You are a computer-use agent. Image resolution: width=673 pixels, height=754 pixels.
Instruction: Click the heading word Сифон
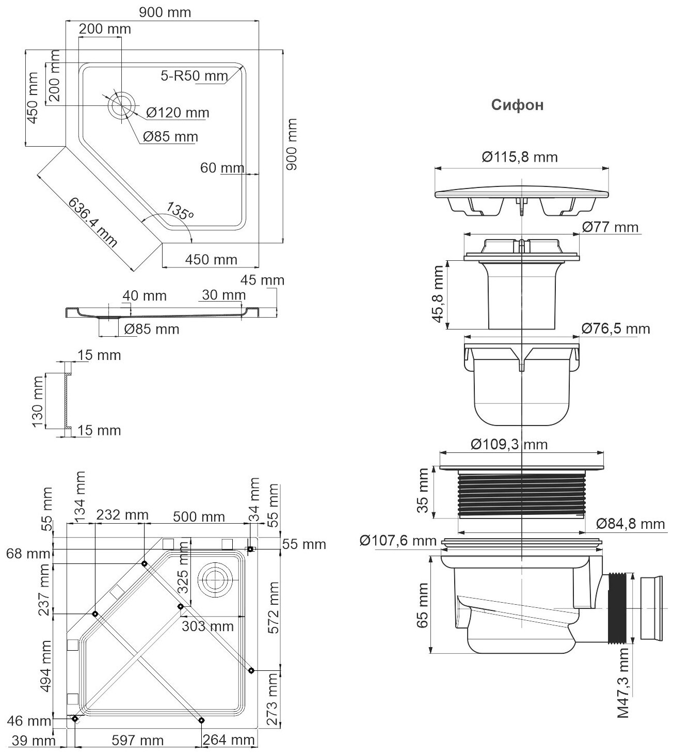(517, 105)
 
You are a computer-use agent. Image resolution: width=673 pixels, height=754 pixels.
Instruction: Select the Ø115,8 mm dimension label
(520, 156)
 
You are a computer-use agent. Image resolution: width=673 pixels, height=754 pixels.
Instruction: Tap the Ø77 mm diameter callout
(610, 227)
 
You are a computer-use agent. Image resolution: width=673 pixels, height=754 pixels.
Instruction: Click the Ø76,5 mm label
(615, 328)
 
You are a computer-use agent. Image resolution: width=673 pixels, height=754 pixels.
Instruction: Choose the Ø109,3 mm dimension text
(509, 444)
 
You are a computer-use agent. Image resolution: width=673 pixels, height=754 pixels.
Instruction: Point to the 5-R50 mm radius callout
(194, 76)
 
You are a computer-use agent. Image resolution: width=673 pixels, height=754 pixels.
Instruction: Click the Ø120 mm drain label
(178, 112)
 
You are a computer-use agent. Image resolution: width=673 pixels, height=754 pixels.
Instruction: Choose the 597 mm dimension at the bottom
(138, 741)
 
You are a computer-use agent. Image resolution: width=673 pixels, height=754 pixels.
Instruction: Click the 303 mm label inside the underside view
(207, 626)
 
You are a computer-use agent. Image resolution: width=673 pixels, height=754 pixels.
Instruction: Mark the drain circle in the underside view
(214, 580)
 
